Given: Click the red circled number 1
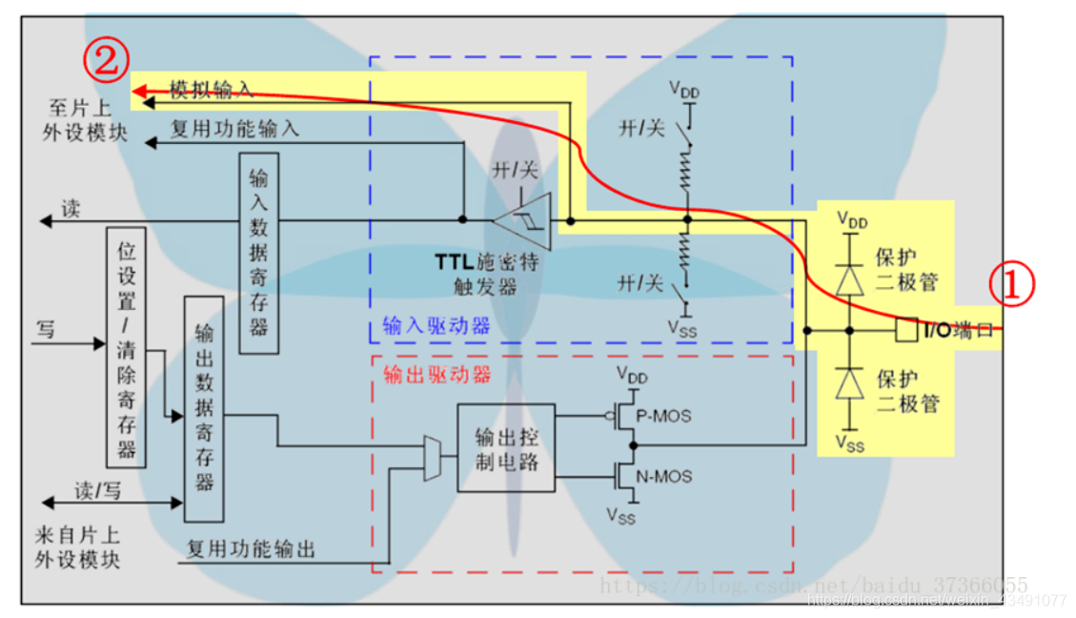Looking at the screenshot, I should point(1013,284).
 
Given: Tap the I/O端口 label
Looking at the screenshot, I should point(958,330).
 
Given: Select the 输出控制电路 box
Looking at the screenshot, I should point(505,447).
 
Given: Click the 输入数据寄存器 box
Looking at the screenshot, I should point(258,253).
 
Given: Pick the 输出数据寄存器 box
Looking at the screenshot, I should point(204,408).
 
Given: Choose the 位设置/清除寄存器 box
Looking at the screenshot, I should point(127,346).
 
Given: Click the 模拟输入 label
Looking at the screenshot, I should point(212,90).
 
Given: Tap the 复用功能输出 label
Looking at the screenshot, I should point(251,549).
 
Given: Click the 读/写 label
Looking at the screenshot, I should point(98,491).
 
